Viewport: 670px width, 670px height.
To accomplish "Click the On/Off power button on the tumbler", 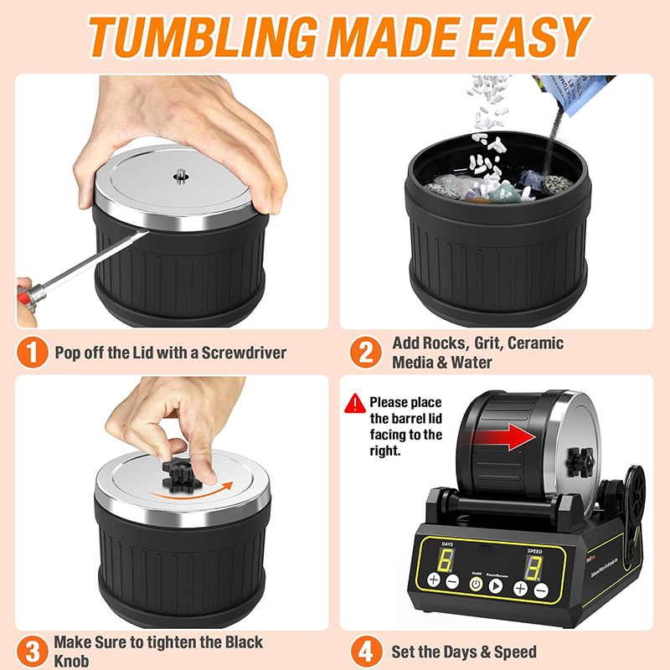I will [x=475, y=585].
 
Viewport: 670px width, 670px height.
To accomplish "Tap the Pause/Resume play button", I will [x=495, y=585].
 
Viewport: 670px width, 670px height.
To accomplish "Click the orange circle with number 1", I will [x=32, y=352].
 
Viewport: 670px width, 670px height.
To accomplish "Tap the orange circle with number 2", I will [x=366, y=352].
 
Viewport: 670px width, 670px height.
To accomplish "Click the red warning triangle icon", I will [x=355, y=403].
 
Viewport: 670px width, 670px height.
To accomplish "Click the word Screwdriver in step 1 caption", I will [x=243, y=353].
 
